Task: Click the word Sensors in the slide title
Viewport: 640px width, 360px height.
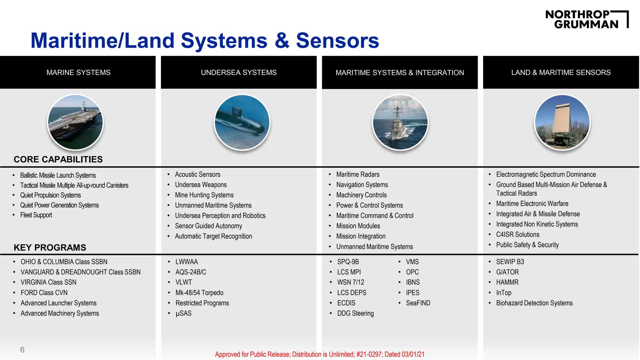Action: click(337, 41)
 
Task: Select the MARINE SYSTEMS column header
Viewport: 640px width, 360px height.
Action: click(78, 72)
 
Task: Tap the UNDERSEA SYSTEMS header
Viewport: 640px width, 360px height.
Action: click(239, 72)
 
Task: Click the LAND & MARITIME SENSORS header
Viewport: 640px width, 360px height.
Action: click(561, 72)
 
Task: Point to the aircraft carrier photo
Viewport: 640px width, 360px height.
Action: click(75, 122)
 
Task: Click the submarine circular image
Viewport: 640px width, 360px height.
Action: click(242, 122)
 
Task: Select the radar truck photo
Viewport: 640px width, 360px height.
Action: click(562, 122)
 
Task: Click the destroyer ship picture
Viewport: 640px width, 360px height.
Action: click(400, 122)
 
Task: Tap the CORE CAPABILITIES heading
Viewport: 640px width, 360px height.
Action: click(58, 159)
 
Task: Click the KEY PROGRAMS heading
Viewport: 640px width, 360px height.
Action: click(50, 247)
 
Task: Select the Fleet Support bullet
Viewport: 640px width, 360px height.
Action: click(36, 215)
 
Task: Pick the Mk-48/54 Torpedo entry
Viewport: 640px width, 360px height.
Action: click(199, 293)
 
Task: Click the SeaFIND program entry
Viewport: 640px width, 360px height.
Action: click(418, 303)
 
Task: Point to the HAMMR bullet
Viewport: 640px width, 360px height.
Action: click(507, 282)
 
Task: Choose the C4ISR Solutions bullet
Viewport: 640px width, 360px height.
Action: click(517, 234)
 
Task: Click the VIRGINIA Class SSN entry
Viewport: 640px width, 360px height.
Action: click(48, 282)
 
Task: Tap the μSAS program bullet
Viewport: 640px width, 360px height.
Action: click(183, 313)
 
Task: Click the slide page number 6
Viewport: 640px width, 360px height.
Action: click(22, 350)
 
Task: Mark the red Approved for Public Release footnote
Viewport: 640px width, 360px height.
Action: click(320, 354)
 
